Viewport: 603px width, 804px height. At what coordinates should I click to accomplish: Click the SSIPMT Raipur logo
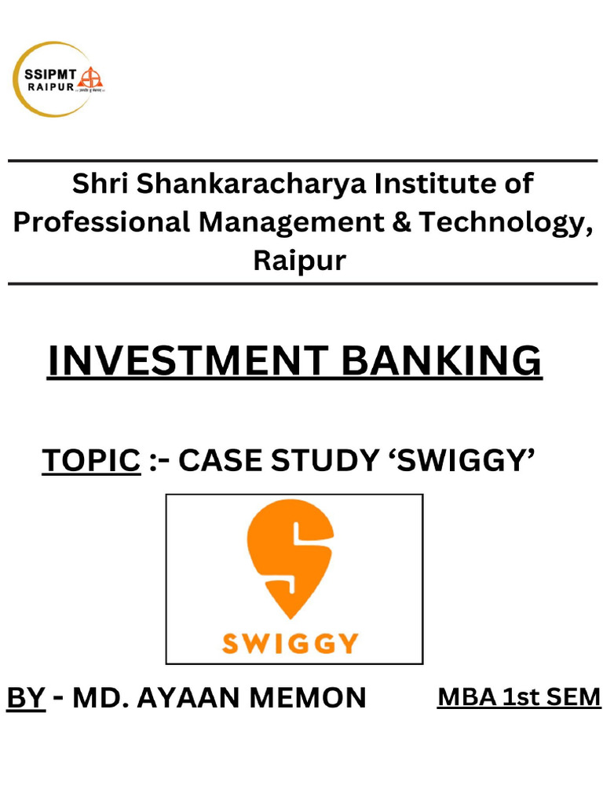[59, 79]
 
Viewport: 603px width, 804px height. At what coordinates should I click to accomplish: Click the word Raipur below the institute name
[299, 260]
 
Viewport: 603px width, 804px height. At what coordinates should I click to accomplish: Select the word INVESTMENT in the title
[185, 361]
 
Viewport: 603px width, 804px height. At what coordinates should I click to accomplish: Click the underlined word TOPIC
[90, 461]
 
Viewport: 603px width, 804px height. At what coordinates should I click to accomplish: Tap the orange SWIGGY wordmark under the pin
[291, 644]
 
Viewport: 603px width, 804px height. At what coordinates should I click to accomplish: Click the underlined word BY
[25, 697]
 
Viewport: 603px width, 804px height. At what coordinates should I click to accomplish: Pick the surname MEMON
[314, 697]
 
